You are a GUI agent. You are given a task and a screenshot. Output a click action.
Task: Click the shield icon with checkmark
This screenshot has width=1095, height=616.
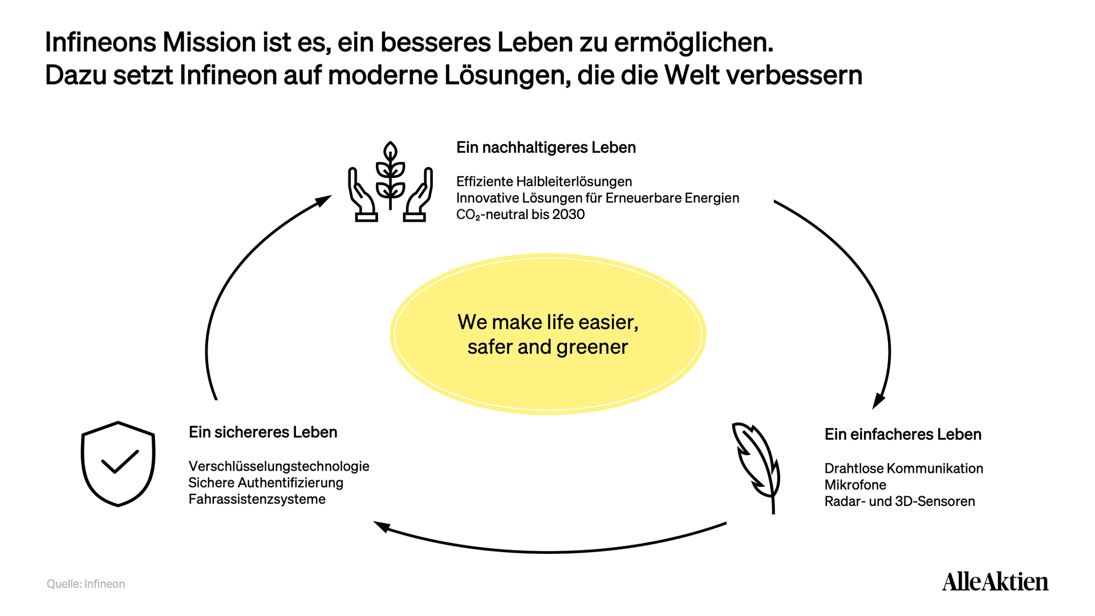coord(118,464)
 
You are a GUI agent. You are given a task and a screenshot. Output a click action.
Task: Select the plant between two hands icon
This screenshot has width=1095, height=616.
coord(391,181)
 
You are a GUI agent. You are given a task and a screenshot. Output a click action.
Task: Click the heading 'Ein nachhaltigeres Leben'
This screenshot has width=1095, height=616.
coord(546,148)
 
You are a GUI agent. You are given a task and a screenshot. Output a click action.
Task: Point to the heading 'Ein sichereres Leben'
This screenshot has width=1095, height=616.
coord(263,432)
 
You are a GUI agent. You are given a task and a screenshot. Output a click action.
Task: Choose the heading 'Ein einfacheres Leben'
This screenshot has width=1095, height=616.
coord(903,435)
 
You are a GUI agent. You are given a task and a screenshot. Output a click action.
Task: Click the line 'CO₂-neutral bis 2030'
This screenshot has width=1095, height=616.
coord(520,214)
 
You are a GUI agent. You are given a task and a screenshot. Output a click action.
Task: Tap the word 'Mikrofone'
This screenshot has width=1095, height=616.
coord(855,485)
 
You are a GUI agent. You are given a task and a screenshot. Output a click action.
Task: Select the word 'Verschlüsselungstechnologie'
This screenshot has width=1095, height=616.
coord(279,467)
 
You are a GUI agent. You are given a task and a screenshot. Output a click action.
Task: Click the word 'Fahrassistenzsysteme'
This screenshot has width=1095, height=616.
coord(257,500)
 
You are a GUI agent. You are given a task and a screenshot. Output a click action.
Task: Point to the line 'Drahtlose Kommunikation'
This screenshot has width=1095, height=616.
coord(904,468)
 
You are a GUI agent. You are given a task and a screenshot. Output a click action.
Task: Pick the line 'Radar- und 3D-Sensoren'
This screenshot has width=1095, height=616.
coord(900,501)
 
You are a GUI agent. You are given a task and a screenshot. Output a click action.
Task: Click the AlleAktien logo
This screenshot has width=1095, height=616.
coord(995,582)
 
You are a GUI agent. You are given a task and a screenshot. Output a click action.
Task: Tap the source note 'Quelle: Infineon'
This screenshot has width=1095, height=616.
coord(86,584)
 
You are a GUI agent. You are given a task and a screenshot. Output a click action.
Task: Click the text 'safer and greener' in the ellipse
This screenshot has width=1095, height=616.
coord(547,347)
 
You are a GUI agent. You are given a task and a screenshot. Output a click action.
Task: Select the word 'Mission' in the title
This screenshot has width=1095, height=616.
coord(209,42)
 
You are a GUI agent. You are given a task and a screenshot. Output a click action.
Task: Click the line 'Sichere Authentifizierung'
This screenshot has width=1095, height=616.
coord(266,483)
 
